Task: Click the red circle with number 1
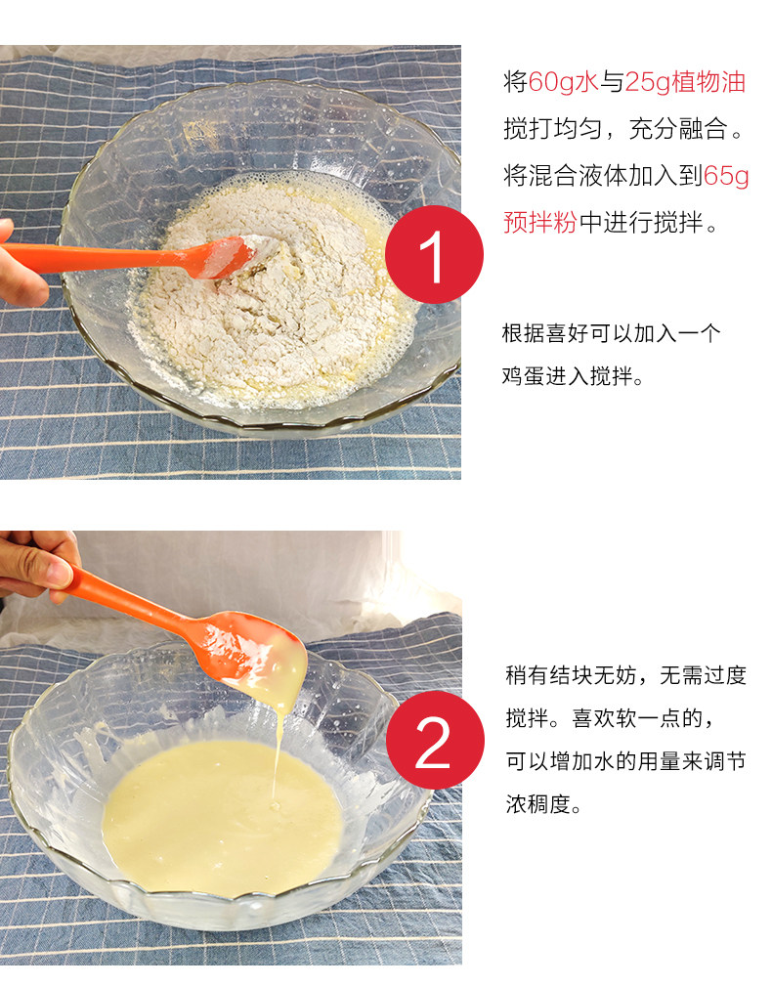coord(435,255)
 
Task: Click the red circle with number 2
coord(435,740)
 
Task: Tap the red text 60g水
coord(563,82)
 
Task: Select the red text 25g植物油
coord(685,82)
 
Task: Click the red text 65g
coord(725,176)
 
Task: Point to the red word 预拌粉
coord(540,222)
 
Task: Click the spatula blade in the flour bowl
coord(224,257)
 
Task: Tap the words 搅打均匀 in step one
coord(552,129)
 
